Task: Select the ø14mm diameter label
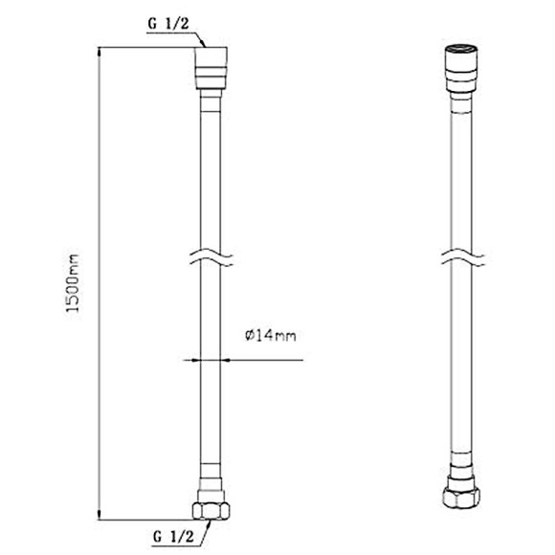point(265,335)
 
